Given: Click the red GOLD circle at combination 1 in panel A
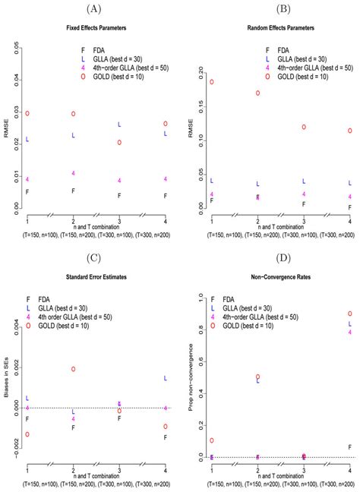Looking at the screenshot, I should [x=27, y=113].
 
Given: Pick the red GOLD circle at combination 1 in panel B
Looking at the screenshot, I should [x=212, y=82].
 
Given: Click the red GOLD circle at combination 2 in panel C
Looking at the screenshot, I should [x=74, y=369].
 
